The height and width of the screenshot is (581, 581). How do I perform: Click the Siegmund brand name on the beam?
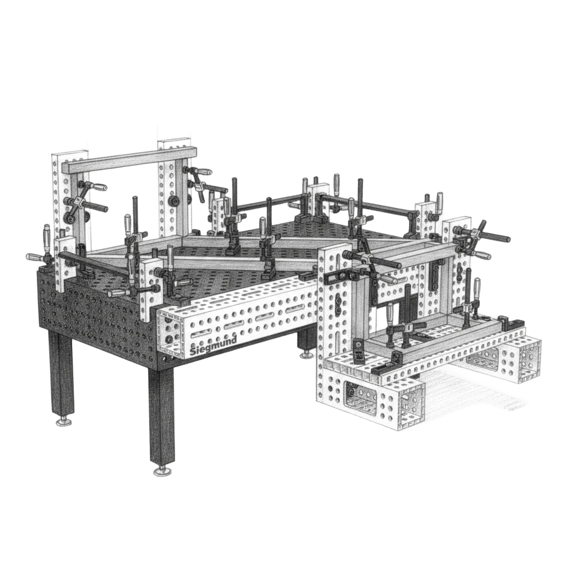coord(213,347)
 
